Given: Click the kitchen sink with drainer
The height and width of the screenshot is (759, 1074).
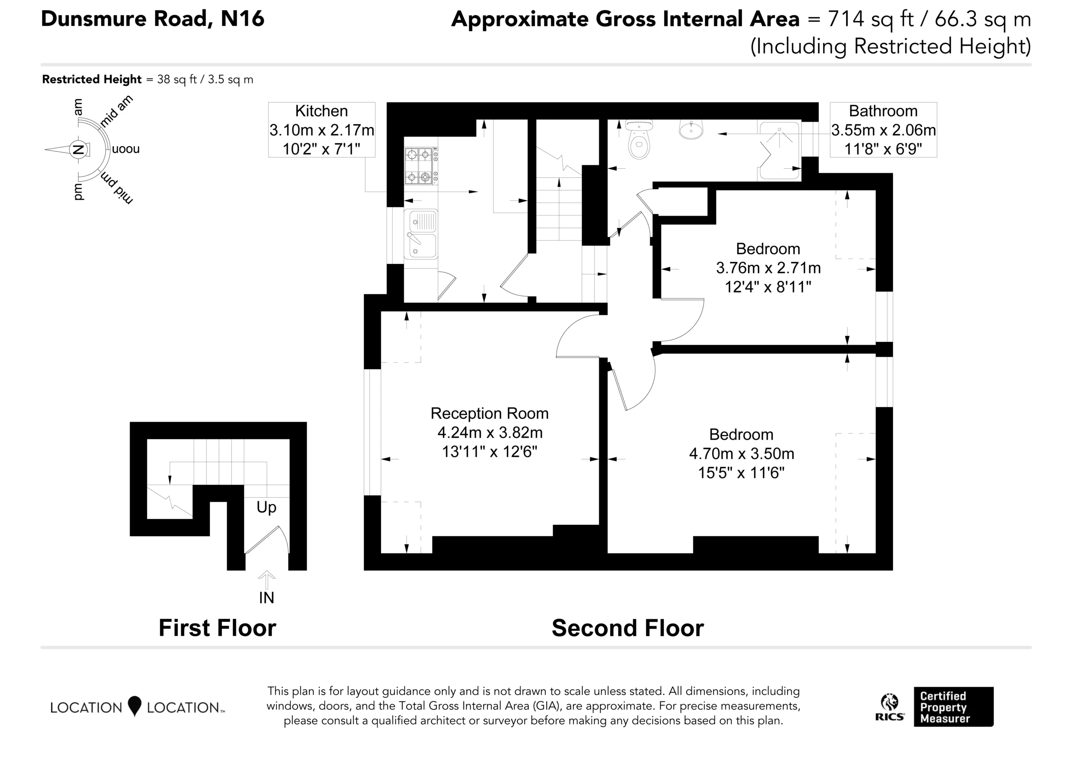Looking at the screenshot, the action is pyautogui.click(x=421, y=234).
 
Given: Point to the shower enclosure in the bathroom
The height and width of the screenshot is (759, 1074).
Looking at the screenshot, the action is pyautogui.click(x=779, y=151).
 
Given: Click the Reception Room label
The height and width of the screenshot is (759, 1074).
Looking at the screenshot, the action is pyautogui.click(x=489, y=413).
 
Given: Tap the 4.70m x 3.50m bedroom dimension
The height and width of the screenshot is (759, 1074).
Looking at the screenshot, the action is pyautogui.click(x=741, y=454).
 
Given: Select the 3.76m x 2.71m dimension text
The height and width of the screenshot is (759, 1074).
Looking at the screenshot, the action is pyautogui.click(x=768, y=268).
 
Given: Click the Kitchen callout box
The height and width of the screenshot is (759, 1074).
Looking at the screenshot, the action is pyautogui.click(x=321, y=130).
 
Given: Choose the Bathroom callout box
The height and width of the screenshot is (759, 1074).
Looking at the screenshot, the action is pyautogui.click(x=883, y=130).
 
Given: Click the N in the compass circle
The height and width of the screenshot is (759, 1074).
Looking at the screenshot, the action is pyautogui.click(x=78, y=150).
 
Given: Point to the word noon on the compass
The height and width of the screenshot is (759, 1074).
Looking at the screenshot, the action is pyautogui.click(x=126, y=149).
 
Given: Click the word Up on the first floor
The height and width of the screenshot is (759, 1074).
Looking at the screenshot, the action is pyautogui.click(x=266, y=507).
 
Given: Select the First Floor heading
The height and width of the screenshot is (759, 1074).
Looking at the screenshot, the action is pyautogui.click(x=217, y=628).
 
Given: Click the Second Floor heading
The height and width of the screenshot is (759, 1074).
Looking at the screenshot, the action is pyautogui.click(x=628, y=628).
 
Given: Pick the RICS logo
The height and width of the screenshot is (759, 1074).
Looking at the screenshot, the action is pyautogui.click(x=889, y=707).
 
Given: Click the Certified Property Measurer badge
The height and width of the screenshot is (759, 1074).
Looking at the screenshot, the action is pyautogui.click(x=954, y=707).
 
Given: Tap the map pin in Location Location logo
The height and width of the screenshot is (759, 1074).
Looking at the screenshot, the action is pyautogui.click(x=135, y=706).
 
